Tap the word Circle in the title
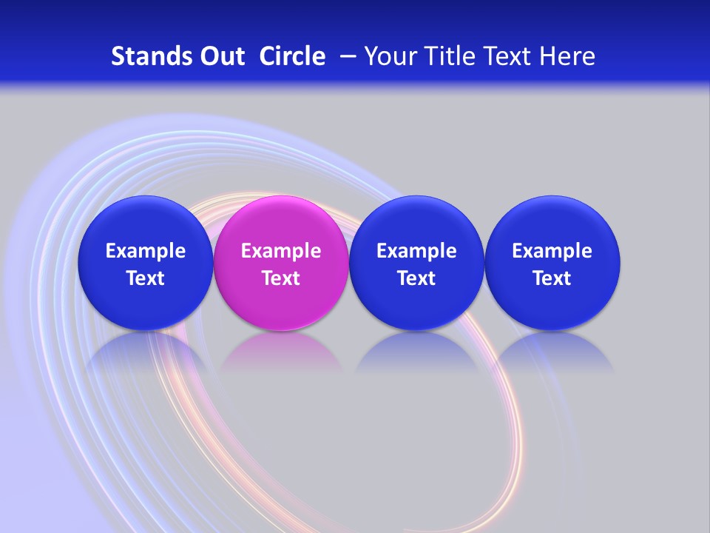pos(292,56)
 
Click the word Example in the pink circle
pos(281,251)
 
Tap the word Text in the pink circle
pos(281,278)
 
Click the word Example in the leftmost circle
pos(145,251)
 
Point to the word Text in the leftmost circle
pos(145,278)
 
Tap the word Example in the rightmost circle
pos(552,251)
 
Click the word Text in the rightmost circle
pos(552,278)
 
